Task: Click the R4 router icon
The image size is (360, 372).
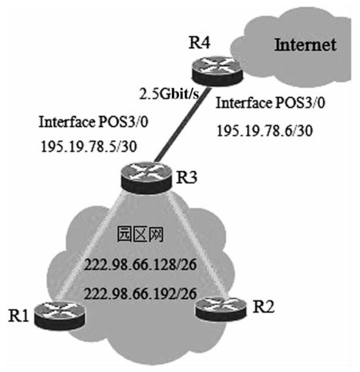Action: pos(217,71)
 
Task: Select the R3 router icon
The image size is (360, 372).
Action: pos(146,177)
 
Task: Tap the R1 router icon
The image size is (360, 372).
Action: pos(59,315)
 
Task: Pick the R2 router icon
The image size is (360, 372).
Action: pos(220,309)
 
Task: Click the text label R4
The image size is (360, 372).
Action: pos(200,42)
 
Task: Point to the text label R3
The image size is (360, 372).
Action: pos(187,177)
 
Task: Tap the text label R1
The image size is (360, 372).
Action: pos(19,316)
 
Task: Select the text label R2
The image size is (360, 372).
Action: pos(263,307)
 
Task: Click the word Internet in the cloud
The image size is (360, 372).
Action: pos(305,45)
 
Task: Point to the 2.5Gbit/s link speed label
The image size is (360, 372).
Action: pos(170,94)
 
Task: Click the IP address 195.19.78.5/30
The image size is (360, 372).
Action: pos(89,147)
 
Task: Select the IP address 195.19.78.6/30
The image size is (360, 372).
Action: pos(264,131)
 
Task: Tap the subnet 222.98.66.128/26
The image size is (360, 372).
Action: pos(140,265)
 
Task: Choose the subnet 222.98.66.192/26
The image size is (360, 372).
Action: pos(140,293)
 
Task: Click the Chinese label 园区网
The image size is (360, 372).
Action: pos(140,234)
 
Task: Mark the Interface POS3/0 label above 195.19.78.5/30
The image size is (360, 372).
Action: pos(93,122)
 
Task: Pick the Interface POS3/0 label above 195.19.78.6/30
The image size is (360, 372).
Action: pos(270,103)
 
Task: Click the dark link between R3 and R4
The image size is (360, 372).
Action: pos(182,126)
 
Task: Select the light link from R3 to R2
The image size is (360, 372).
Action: pos(198,245)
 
